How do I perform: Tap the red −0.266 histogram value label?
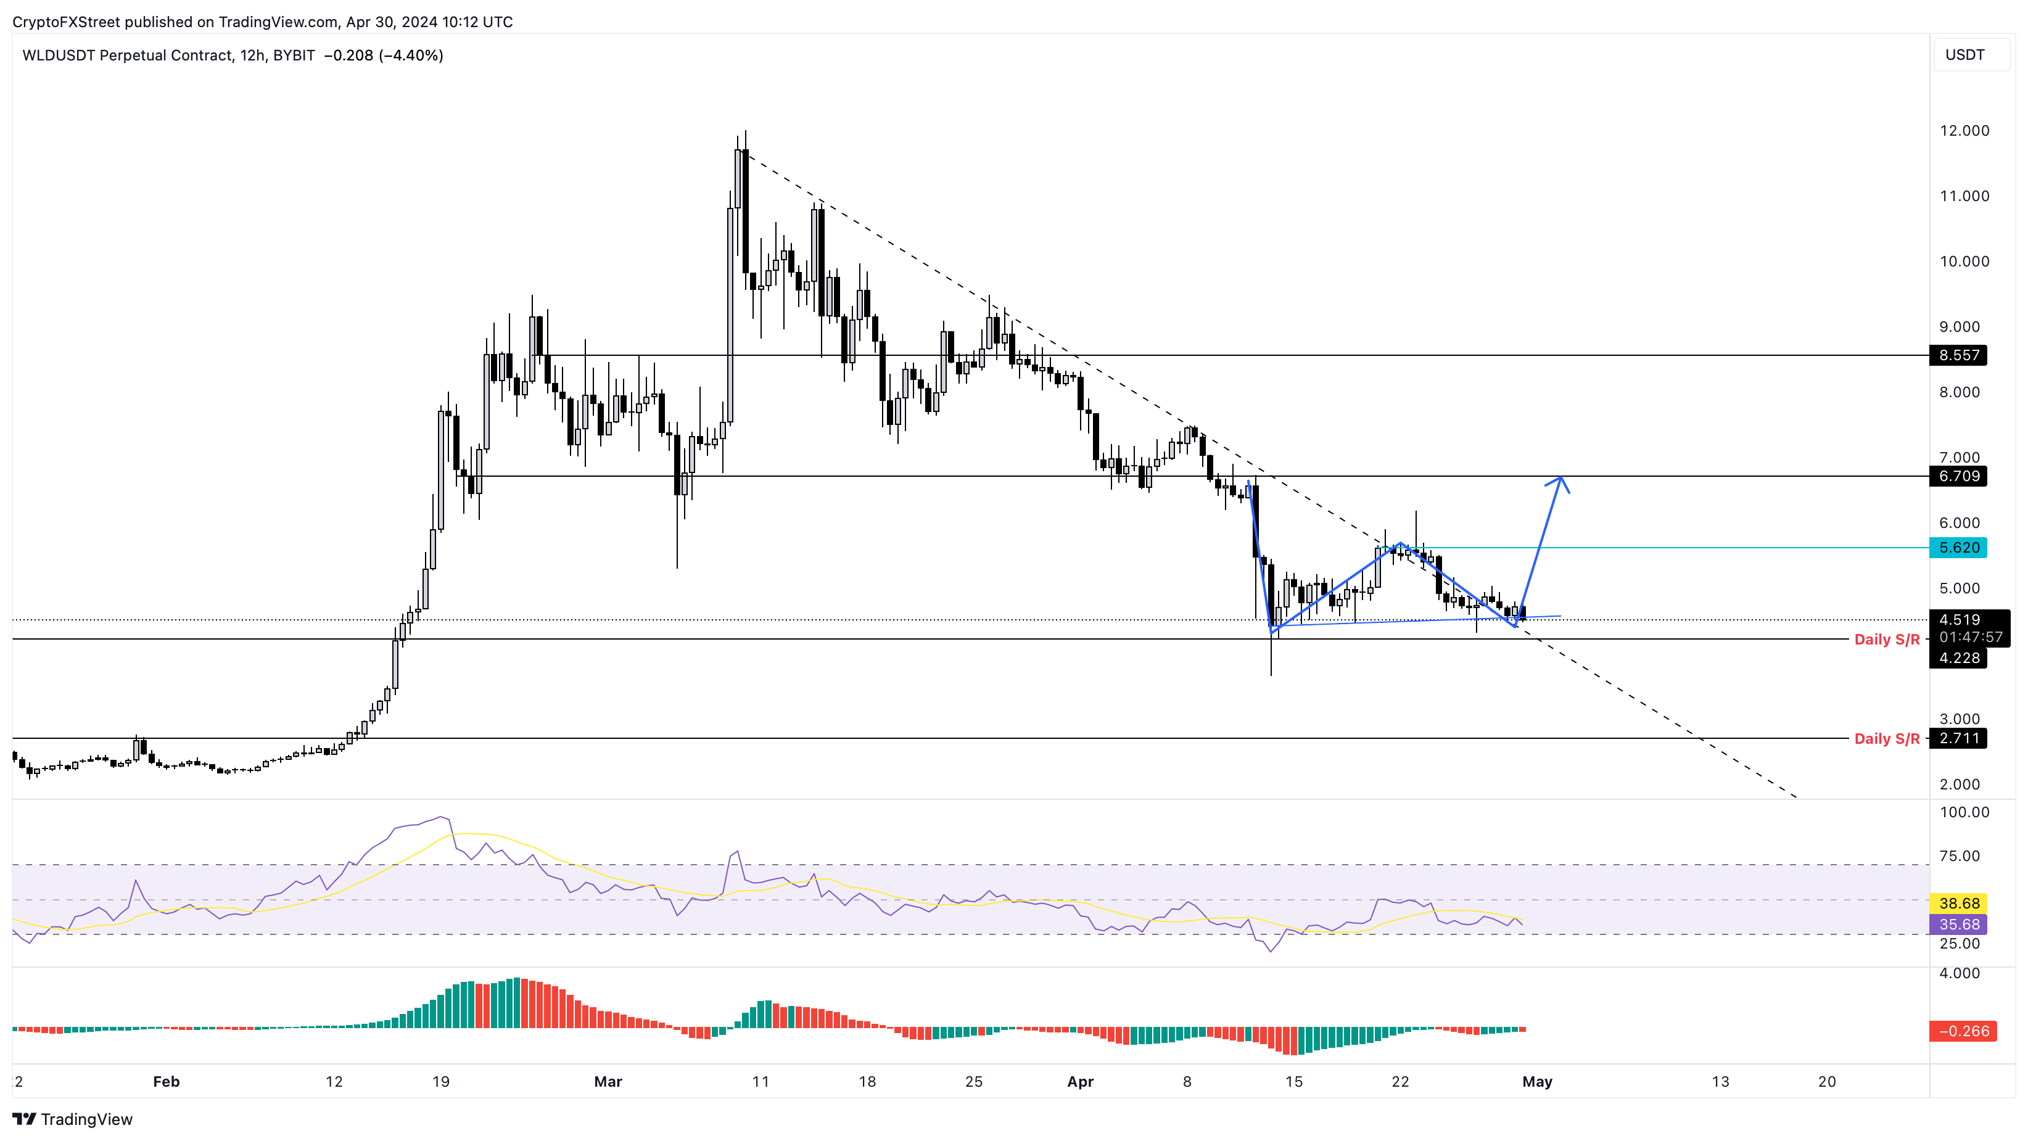coord(1963,1031)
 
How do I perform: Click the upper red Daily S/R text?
coord(1886,640)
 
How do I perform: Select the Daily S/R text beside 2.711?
coord(1886,739)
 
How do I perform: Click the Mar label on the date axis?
coord(608,1081)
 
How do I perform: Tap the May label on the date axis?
coord(1537,1081)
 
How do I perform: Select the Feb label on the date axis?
coord(166,1081)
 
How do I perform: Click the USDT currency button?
coord(1964,54)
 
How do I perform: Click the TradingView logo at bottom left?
coord(73,1119)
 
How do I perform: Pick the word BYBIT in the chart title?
coord(294,55)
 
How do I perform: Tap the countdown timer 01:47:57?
coord(1971,637)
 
